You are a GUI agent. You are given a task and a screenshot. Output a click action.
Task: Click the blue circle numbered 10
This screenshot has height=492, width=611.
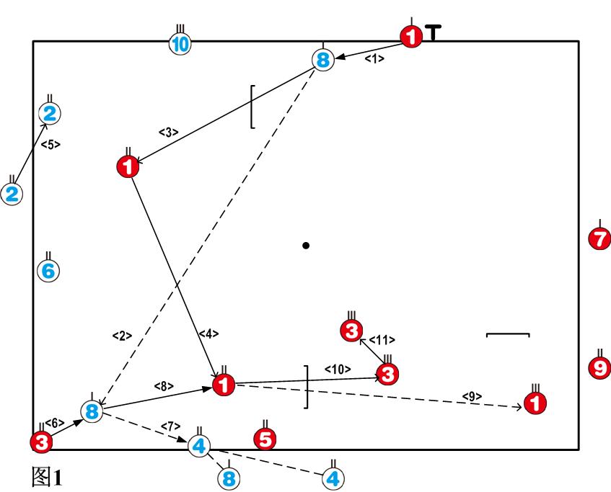pyautogui.click(x=180, y=44)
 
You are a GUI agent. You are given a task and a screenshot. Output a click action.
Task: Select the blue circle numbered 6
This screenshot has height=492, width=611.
pyautogui.click(x=48, y=271)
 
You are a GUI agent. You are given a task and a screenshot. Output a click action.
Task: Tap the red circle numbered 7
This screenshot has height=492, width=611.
pyautogui.click(x=599, y=237)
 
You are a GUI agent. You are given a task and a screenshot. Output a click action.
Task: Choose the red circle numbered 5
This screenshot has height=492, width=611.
pyautogui.click(x=265, y=437)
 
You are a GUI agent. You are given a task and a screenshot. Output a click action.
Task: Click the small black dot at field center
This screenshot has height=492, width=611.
pyautogui.click(x=306, y=246)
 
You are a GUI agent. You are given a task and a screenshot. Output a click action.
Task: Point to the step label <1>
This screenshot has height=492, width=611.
pyautogui.click(x=374, y=59)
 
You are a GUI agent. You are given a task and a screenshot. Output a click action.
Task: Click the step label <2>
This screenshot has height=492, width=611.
pyautogui.click(x=122, y=336)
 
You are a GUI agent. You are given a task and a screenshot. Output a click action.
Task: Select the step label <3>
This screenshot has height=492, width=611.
pyautogui.click(x=168, y=132)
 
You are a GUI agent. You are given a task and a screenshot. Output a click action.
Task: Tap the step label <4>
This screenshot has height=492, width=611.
pyautogui.click(x=208, y=334)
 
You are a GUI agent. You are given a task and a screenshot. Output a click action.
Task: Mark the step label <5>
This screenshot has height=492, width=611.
pyautogui.click(x=50, y=144)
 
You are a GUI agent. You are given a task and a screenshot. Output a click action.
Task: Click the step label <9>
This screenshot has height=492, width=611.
pyautogui.click(x=472, y=395)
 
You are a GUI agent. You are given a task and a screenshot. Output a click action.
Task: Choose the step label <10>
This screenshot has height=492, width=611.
pyautogui.click(x=337, y=369)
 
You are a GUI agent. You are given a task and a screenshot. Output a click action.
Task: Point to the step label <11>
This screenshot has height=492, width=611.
pyautogui.click(x=382, y=339)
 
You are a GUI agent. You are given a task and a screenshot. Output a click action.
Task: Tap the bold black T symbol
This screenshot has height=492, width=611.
pyautogui.click(x=433, y=32)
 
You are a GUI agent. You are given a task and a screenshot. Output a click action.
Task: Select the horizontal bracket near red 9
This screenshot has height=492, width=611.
pyautogui.click(x=508, y=335)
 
